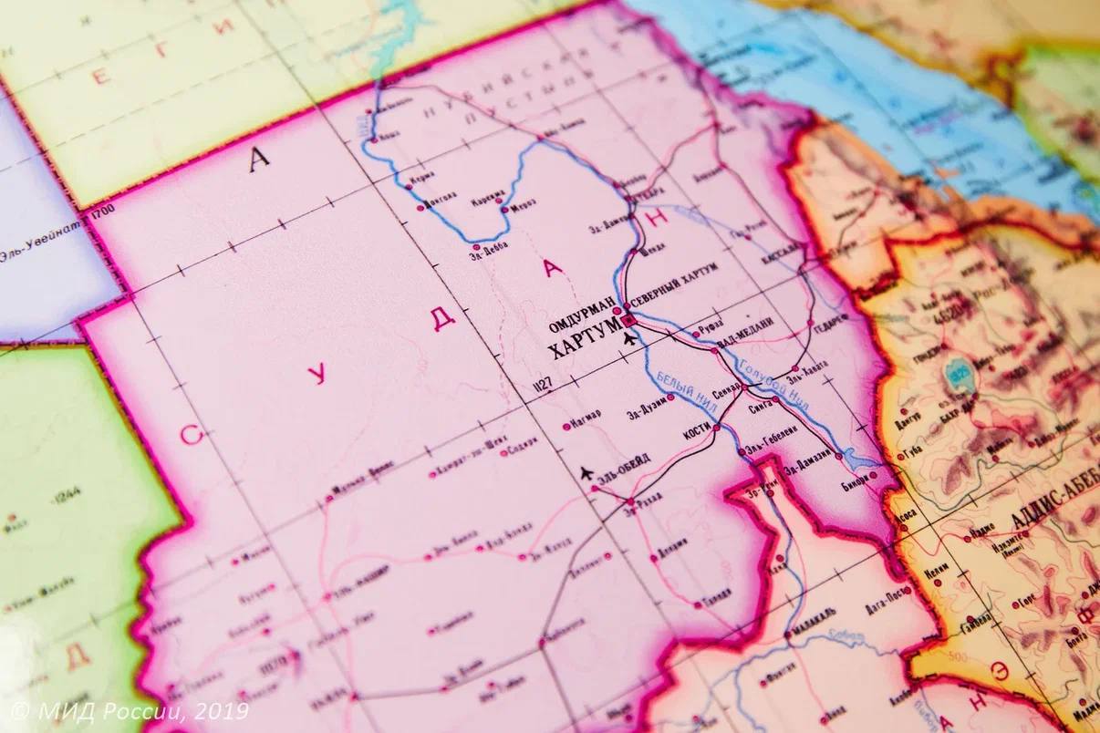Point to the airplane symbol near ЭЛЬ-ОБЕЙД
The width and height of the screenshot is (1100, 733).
[x=586, y=472]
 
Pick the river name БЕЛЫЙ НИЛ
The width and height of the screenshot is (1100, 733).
[x=676, y=389]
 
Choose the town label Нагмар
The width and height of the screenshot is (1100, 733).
[x=585, y=415]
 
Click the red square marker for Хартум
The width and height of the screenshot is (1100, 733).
[x=628, y=320]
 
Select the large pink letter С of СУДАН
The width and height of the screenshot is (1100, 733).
[x=190, y=435]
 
